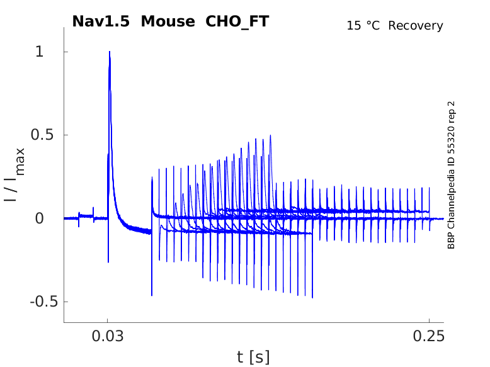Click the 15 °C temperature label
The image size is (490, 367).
point(364,26)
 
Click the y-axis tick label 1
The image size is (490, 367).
point(40,52)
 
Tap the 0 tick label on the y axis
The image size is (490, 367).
point(40,218)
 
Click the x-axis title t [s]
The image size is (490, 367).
point(253,357)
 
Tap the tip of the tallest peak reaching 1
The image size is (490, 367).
point(110,52)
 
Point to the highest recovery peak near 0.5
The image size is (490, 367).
point(271,135)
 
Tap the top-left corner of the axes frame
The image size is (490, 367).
point(64,28)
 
